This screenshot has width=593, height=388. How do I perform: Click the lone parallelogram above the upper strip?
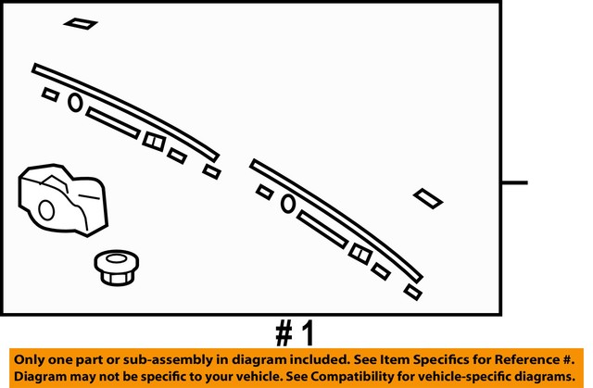click(81, 23)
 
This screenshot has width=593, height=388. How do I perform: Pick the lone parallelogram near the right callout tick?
click(427, 197)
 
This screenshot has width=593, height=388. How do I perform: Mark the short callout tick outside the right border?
click(514, 182)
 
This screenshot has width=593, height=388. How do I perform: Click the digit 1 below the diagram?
click(308, 332)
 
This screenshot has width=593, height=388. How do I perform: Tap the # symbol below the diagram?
click(284, 332)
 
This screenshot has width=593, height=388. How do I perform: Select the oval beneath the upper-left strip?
click(75, 102)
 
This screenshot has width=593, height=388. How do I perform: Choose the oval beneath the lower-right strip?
click(288, 202)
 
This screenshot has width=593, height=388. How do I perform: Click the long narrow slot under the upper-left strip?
click(113, 122)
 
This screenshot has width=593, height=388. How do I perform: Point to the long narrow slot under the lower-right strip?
click(322, 229)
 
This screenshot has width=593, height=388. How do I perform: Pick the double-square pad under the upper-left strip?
click(154, 141)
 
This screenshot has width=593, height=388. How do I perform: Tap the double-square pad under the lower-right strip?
click(360, 252)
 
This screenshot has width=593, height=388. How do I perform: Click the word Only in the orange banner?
click(32, 360)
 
